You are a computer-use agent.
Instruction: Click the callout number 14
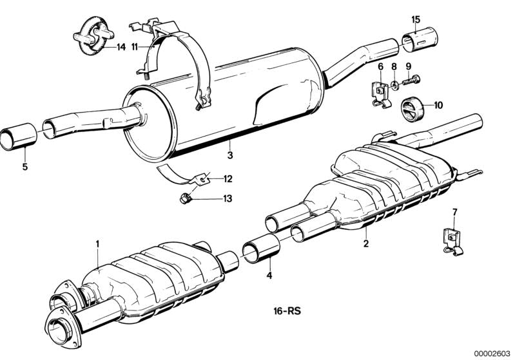coord(121,47)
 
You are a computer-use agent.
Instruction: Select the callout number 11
coord(134,47)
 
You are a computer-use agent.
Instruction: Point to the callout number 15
coord(416,20)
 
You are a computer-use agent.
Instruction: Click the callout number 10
coord(438,106)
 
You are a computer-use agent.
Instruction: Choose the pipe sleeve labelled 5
coord(19,137)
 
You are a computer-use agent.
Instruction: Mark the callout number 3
coord(230,155)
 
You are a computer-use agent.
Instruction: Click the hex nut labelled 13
coord(184,198)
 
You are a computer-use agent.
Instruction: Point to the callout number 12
coord(228,179)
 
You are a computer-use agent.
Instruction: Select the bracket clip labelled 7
coord(452,242)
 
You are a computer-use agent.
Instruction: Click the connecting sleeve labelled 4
coord(261,249)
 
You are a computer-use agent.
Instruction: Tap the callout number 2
coord(366,243)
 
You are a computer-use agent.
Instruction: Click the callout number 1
coord(97,244)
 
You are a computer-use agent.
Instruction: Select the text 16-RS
coord(287,311)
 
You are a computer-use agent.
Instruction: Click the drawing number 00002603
coord(492,353)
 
